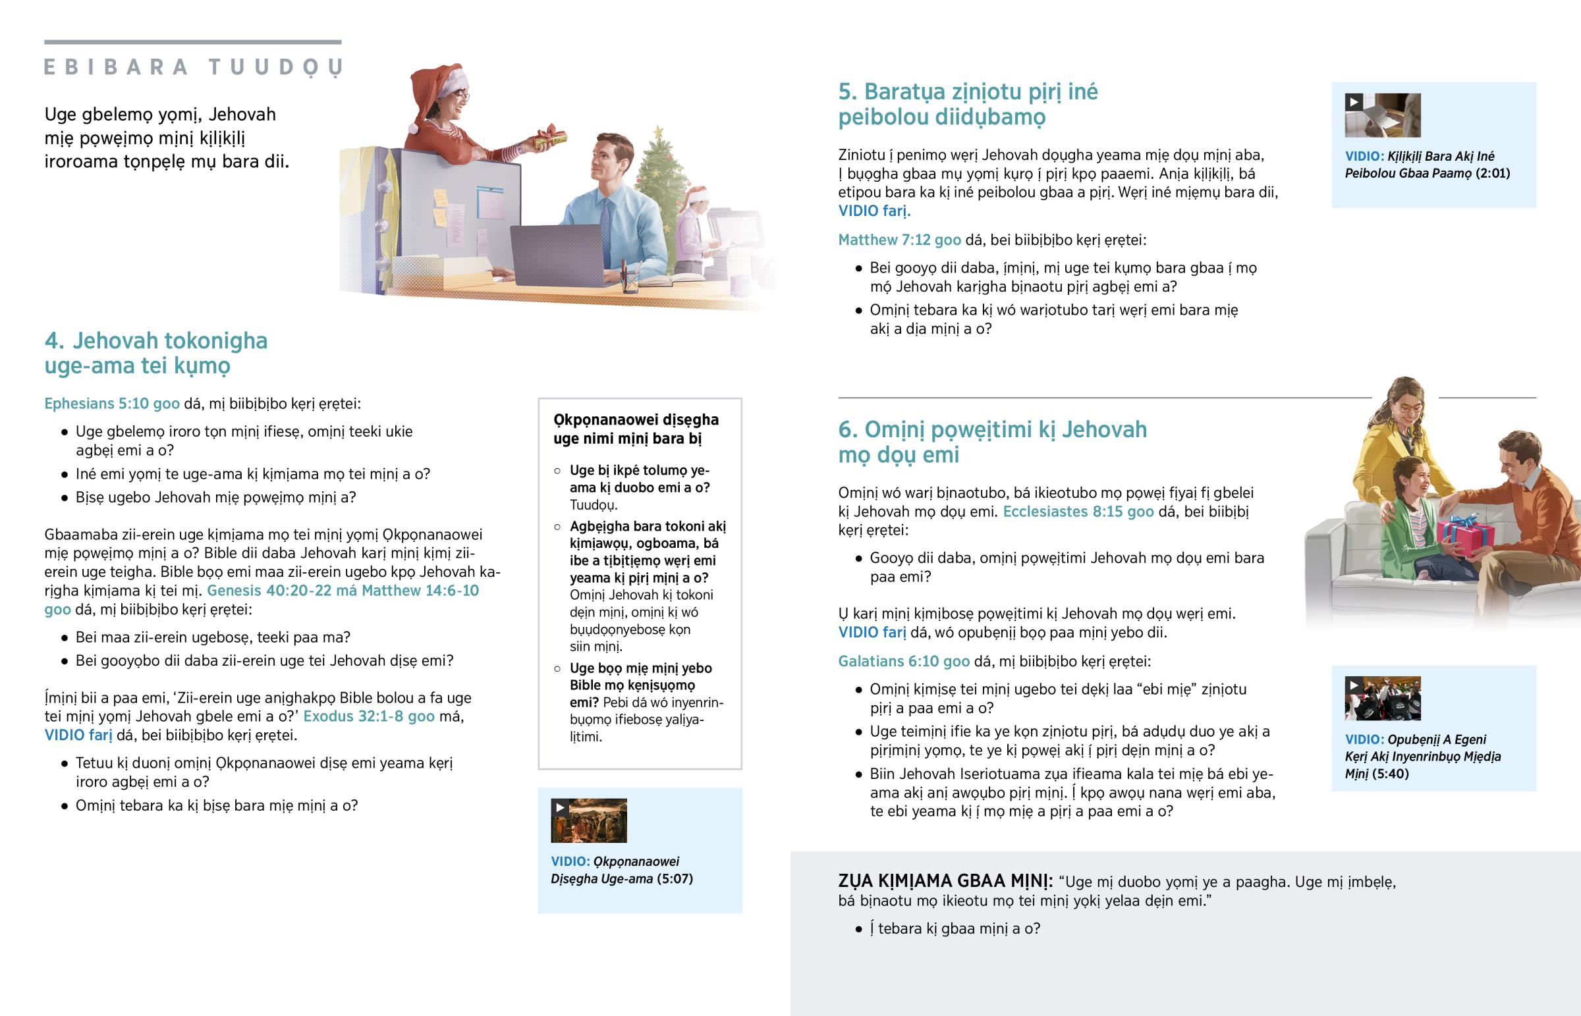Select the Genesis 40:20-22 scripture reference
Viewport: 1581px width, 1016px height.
click(x=269, y=591)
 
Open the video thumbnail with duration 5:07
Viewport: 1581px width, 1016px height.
click(x=588, y=820)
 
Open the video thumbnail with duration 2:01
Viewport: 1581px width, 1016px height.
click(x=1382, y=115)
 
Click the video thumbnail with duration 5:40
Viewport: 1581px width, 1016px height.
click(x=1382, y=699)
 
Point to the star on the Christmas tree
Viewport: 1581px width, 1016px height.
click(x=658, y=133)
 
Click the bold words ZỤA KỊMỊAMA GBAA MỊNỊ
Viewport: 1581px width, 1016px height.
click(x=945, y=882)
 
